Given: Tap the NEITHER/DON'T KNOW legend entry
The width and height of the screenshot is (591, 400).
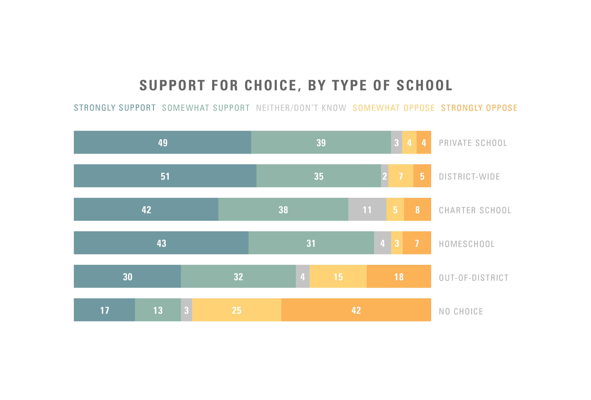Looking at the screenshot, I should pos(301,108).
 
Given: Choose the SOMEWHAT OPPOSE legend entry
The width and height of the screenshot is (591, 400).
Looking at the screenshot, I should pos(394,108).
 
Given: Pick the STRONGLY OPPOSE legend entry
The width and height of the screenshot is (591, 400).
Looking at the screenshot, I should pos(479,108).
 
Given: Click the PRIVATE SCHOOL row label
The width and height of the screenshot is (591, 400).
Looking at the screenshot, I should pos(473,143).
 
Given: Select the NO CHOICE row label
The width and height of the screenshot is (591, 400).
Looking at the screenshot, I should pos(461,311).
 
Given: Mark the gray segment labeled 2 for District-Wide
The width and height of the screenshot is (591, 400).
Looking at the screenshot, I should pos(385,176).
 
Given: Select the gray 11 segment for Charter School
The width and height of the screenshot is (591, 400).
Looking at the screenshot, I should pos(367,210).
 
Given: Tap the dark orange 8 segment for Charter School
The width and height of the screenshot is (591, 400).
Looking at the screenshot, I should pos(417,210).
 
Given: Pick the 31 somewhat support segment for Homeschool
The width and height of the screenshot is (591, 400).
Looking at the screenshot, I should pos(311,243).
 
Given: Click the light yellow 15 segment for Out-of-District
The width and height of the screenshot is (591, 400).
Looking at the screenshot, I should pos(338,277).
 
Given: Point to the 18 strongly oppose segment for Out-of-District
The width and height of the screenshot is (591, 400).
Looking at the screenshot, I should pos(399,277).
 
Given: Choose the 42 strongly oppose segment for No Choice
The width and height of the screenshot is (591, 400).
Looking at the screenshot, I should pos(356,310).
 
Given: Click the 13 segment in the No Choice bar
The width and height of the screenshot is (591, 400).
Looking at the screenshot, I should pos(158,310).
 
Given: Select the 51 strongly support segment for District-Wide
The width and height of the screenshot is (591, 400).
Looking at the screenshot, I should pos(165,176).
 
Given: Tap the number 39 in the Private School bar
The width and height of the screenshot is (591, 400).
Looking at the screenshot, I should pos(321,143).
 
